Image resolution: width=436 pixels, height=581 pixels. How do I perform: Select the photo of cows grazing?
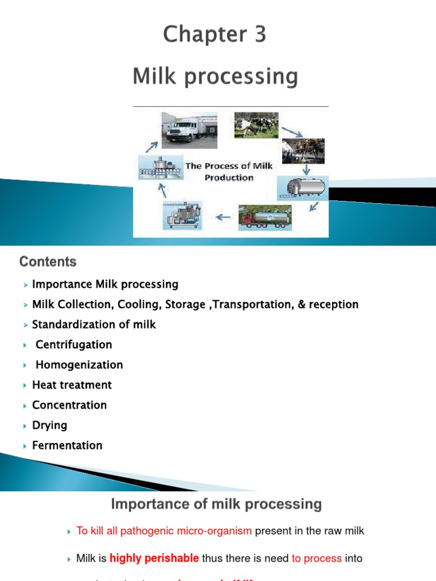[x=256, y=125]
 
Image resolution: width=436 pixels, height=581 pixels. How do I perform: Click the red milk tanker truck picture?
[x=265, y=217]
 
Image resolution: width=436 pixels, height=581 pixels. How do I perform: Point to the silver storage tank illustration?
[x=302, y=187]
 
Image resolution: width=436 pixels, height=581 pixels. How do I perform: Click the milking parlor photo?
[x=303, y=150]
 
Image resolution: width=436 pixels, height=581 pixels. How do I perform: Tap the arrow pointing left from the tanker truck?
[x=224, y=216]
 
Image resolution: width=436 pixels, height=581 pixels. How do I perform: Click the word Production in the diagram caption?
[x=229, y=178]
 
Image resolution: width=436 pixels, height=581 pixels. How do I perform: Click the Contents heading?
[x=48, y=262]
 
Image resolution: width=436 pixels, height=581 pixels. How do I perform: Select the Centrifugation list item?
[x=73, y=345]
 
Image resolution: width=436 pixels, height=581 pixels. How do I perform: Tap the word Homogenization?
[x=79, y=365]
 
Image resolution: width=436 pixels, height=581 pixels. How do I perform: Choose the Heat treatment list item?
[x=72, y=385]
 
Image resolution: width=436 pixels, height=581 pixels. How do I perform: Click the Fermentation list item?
[x=67, y=445]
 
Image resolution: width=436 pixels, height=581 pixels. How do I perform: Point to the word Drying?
[x=49, y=426]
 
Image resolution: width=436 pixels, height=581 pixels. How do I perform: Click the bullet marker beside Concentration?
[x=26, y=406]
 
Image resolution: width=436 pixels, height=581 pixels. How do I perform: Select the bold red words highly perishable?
[x=154, y=558]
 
